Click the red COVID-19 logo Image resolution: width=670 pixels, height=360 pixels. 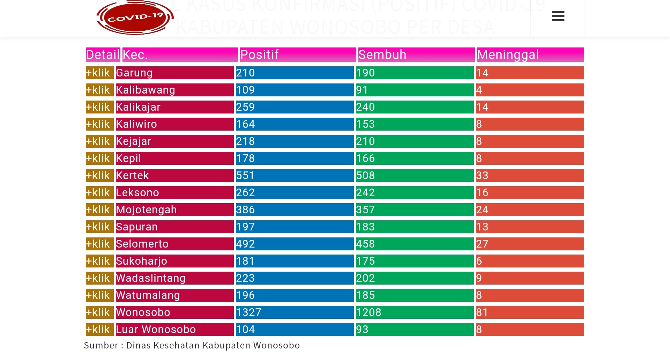coord(135,17)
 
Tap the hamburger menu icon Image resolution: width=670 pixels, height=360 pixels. coord(558,16)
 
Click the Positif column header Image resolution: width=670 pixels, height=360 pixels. coord(259,55)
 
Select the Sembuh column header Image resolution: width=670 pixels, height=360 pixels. coord(382,55)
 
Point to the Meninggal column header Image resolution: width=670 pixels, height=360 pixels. coord(508,55)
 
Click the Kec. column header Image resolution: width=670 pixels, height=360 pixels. coord(135,55)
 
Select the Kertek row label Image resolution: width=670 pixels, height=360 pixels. coord(133,176)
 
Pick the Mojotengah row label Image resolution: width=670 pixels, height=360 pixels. coord(147,210)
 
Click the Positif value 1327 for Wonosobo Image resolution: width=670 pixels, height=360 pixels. coord(248,313)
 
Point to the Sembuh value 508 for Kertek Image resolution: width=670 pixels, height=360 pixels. coord(365,176)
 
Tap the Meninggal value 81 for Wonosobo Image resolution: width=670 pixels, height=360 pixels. coord(482,313)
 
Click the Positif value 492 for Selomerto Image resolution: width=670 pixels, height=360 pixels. coord(245,244)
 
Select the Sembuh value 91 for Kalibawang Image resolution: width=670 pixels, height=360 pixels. coord(362,90)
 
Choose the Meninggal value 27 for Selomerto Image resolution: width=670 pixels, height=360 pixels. coord(482,244)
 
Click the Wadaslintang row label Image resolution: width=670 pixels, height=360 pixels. coord(151,278)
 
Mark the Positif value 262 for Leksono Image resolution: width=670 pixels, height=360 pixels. coord(245,193)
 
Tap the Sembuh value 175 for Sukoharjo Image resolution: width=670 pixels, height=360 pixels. coord(365,261)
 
